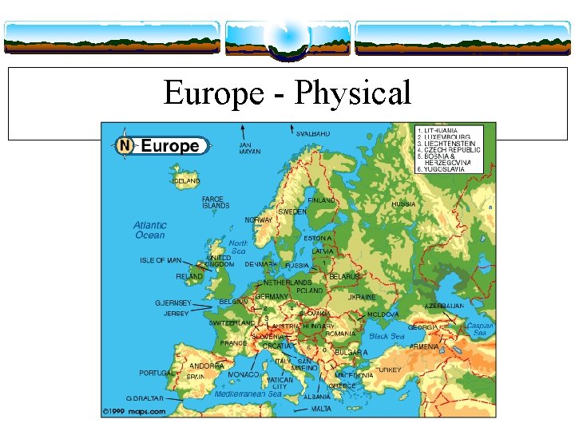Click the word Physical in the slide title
point(353,94)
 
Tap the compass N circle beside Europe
point(124,146)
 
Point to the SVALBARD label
point(312,134)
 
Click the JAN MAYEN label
point(250,148)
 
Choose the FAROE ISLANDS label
point(215,202)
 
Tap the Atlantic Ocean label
point(149,230)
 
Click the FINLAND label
point(321,200)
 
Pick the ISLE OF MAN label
point(162,260)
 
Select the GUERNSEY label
point(173,303)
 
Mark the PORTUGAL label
point(157,373)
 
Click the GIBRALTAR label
point(145,398)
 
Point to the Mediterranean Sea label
point(248,393)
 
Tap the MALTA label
point(321,409)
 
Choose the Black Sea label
point(387,337)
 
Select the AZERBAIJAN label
point(444,306)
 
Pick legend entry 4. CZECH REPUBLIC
point(449,149)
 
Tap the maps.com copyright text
point(133,412)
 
